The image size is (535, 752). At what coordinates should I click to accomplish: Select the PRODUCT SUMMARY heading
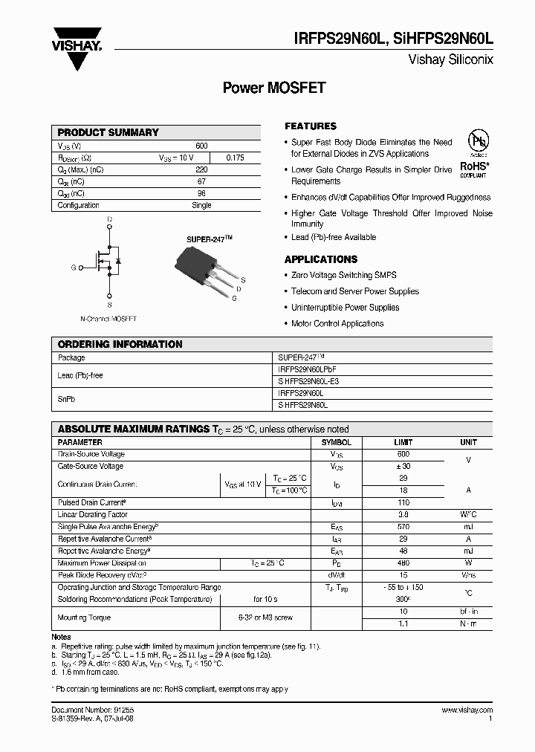click(x=108, y=132)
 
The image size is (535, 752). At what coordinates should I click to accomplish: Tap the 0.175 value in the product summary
click(x=234, y=158)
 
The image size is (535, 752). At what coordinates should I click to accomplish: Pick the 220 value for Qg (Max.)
click(x=201, y=170)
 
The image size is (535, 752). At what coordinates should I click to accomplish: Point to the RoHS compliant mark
click(x=473, y=169)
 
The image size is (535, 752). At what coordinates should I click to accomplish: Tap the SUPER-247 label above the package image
click(x=209, y=239)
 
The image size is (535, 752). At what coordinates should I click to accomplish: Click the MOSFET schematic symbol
click(x=108, y=263)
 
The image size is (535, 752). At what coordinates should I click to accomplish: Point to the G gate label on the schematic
click(x=73, y=267)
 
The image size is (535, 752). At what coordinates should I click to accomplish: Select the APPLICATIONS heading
click(x=321, y=259)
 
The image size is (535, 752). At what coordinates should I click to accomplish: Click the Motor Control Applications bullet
click(x=337, y=323)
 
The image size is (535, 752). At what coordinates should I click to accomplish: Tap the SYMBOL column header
click(x=337, y=442)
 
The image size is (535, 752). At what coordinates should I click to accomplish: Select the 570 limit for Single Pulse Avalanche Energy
click(x=403, y=527)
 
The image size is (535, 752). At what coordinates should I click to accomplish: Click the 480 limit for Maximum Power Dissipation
click(x=403, y=563)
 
